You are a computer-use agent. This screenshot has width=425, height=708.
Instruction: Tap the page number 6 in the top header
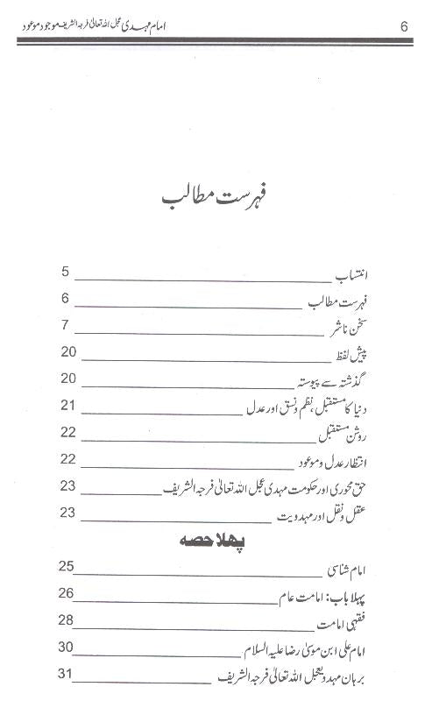[403, 25]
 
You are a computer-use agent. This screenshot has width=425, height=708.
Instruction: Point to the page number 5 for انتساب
[66, 273]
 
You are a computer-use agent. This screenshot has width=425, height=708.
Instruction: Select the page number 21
[68, 406]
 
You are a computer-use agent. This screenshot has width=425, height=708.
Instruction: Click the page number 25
[67, 566]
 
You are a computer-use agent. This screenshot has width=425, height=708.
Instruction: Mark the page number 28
[67, 619]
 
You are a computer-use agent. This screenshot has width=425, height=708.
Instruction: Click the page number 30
[67, 647]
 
